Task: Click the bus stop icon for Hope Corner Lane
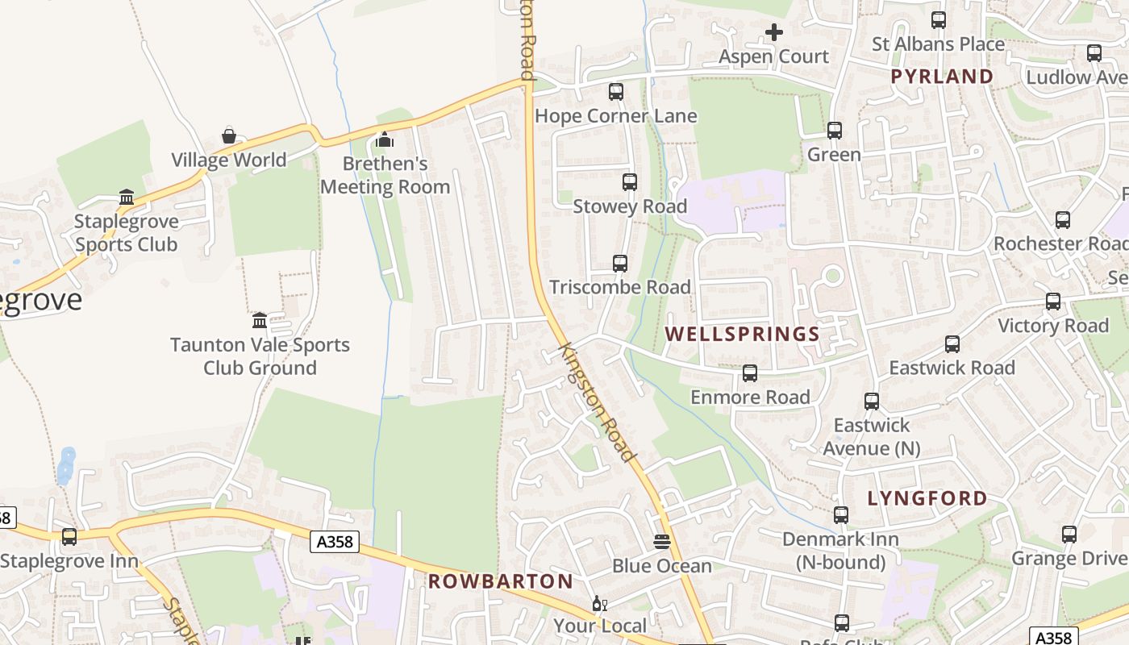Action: [616, 92]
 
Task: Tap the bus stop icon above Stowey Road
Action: [630, 182]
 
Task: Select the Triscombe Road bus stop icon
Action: [620, 264]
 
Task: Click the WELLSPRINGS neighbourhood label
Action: [742, 334]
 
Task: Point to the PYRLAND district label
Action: [942, 77]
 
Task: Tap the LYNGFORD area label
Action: [927, 498]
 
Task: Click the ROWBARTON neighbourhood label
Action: [500, 581]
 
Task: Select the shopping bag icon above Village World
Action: [229, 136]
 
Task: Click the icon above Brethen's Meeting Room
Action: [385, 140]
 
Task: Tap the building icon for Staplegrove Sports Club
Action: [127, 198]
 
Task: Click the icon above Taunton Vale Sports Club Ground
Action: [260, 321]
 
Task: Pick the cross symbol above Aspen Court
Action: [774, 32]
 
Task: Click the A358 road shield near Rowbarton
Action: [335, 542]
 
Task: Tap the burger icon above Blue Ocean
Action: [662, 542]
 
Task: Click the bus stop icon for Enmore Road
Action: [750, 373]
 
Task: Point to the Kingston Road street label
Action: [598, 402]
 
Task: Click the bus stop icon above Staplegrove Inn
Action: [69, 536]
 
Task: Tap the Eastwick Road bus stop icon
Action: [952, 344]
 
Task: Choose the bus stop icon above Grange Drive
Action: [1069, 535]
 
